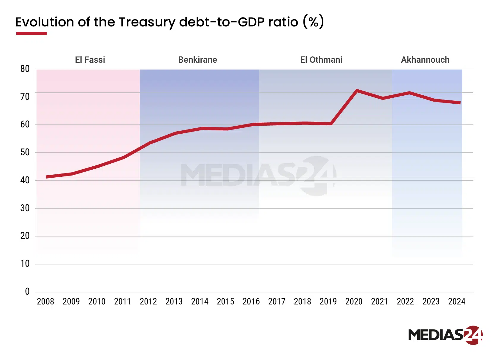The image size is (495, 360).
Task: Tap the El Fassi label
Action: click(90, 60)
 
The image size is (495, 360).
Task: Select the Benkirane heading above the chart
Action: click(197, 60)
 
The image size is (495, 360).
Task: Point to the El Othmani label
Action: click(321, 60)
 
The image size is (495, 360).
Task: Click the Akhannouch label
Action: click(425, 60)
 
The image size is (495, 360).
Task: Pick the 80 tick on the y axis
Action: click(25, 69)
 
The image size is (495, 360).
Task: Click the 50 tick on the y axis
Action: click(25, 152)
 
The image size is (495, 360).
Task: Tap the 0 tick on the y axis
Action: click(27, 291)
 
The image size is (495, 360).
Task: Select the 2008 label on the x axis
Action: click(45, 301)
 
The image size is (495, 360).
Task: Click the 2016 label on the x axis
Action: click(251, 301)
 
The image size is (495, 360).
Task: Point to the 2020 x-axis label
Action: click(354, 301)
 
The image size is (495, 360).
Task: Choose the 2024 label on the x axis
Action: click(456, 301)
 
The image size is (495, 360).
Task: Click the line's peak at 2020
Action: click(356, 90)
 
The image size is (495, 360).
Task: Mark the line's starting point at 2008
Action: click(47, 177)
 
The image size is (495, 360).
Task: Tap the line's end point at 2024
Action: click(459, 102)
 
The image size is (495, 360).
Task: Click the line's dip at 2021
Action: click(382, 98)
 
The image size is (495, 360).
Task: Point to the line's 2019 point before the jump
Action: click(331, 124)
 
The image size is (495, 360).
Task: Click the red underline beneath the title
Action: click(31, 33)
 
